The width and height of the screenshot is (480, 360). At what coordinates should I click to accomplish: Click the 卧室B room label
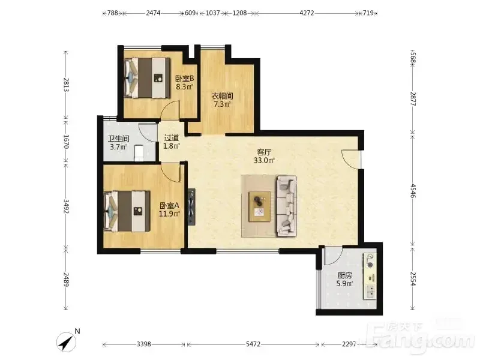coord(185,79)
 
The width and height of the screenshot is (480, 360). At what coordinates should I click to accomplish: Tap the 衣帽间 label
coord(222,96)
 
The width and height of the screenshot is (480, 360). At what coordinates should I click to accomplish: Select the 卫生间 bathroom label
coord(118,139)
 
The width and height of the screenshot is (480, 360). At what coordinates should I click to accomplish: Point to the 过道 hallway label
coord(172,138)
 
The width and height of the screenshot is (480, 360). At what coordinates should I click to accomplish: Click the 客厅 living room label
coord(264,152)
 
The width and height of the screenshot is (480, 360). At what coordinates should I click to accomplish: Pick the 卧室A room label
coord(169,205)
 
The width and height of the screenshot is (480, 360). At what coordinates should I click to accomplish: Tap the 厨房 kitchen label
coord(344,275)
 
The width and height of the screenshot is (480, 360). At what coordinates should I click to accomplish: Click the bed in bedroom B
coord(147,78)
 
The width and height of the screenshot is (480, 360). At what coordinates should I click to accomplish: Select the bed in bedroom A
coord(127,212)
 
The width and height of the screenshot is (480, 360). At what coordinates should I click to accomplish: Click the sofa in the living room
coord(287,206)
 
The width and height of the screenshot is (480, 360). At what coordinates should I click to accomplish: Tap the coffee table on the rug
coord(260,206)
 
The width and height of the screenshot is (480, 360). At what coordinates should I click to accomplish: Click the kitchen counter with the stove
coord(370,276)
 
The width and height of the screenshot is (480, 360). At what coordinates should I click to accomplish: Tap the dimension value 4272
coord(307,13)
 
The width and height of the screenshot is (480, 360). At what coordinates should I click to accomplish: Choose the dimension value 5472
coord(253,344)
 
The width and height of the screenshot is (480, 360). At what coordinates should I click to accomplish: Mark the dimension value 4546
coord(413,191)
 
